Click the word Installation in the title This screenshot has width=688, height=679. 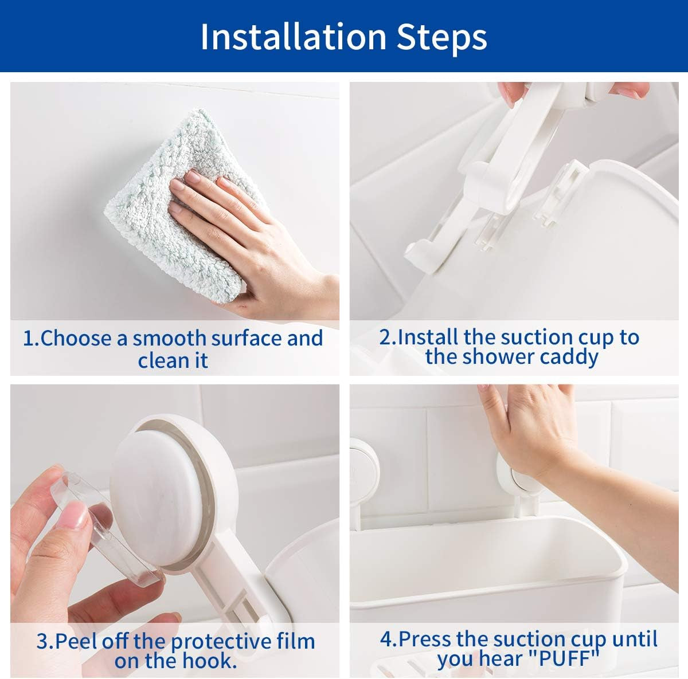pyautogui.click(x=294, y=37)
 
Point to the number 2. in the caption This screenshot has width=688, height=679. pyautogui.click(x=388, y=337)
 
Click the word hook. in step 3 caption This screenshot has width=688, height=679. pyautogui.click(x=210, y=660)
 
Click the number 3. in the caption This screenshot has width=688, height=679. pyautogui.click(x=45, y=642)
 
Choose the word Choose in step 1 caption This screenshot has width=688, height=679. pyautogui.click(x=76, y=338)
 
